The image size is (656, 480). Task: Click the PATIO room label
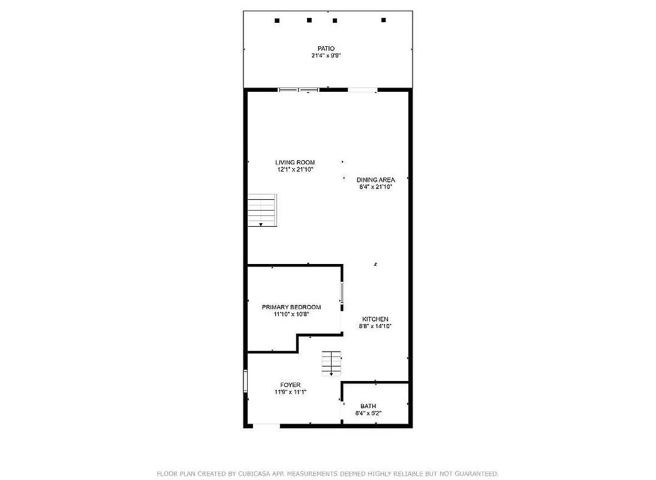click(x=326, y=49)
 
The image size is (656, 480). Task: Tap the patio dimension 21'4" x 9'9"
click(x=326, y=56)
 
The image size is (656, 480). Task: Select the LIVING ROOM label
click(x=295, y=163)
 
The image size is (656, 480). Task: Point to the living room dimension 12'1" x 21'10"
click(x=295, y=170)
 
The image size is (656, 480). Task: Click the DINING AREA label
click(x=375, y=179)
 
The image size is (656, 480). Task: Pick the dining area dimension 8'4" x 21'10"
click(x=375, y=187)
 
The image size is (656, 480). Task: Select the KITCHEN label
click(x=375, y=319)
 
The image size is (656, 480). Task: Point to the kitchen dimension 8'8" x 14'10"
click(x=375, y=326)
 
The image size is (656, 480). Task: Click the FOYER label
click(x=290, y=385)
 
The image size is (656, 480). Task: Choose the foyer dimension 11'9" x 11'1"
click(x=290, y=392)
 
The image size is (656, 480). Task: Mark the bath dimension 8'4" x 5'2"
click(x=368, y=413)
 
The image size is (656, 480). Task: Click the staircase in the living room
click(x=263, y=210)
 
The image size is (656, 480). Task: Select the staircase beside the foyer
click(x=331, y=363)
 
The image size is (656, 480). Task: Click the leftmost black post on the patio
click(x=277, y=20)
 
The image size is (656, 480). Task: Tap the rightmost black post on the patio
click(x=384, y=20)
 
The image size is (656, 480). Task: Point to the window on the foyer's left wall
click(x=245, y=382)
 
